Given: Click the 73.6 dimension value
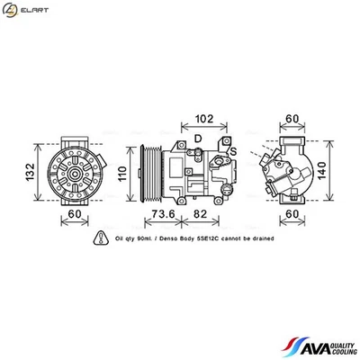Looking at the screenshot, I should tap(162, 215).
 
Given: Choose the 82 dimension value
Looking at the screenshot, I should tap(200, 215).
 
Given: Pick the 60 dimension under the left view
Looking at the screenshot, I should tap(75, 215).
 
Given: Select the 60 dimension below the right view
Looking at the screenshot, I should tap(292, 215).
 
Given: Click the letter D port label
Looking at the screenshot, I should tap(197, 138).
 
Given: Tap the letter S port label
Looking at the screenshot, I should tap(232, 150).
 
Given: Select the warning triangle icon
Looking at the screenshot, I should tap(99, 239).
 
